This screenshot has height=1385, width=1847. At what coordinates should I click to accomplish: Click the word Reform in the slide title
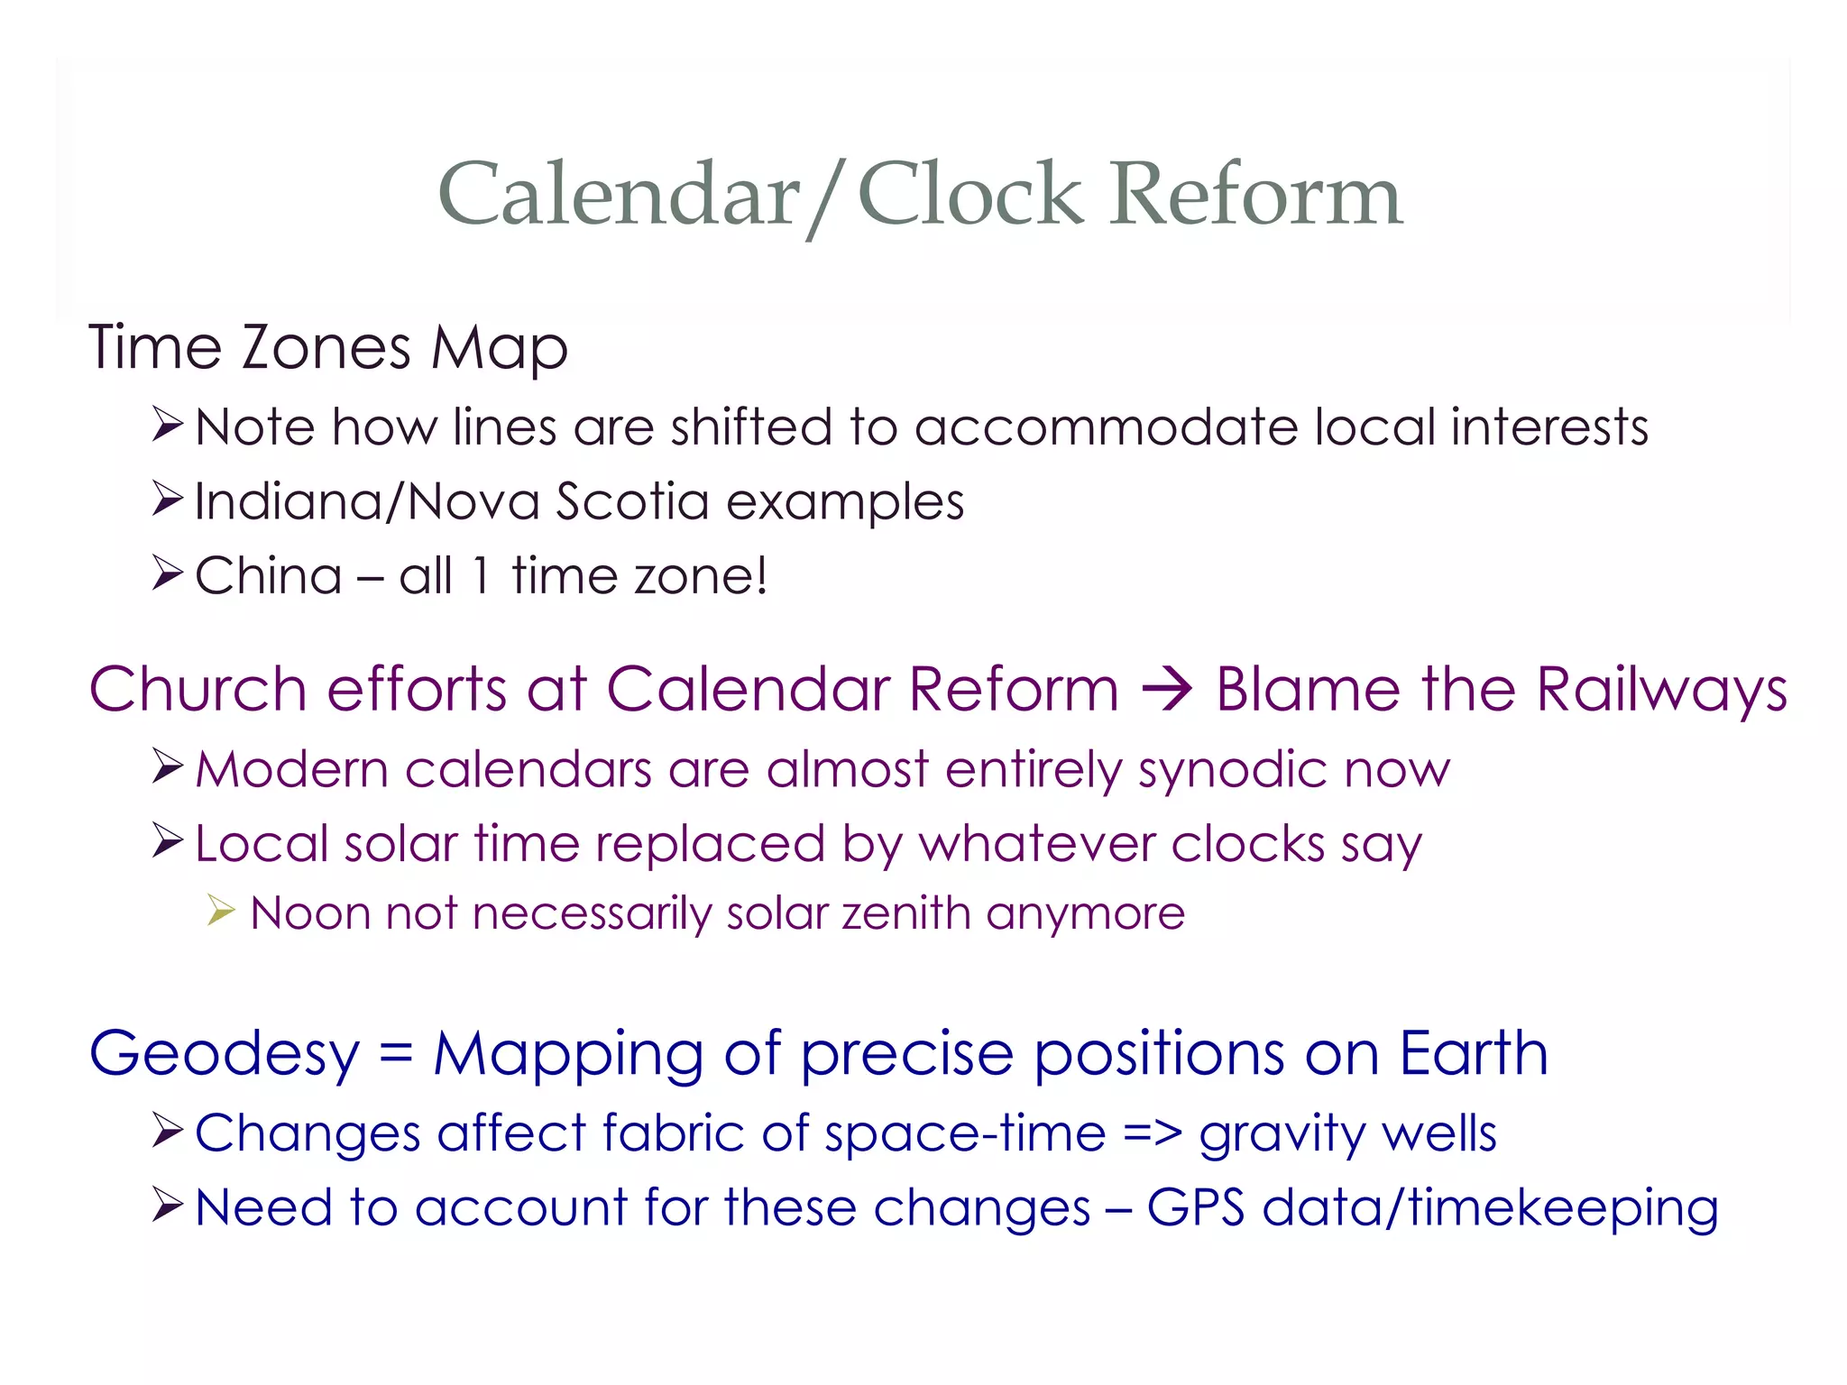(x=1256, y=195)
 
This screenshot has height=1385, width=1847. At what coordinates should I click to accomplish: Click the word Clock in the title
(x=970, y=195)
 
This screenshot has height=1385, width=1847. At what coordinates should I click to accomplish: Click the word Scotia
(x=632, y=501)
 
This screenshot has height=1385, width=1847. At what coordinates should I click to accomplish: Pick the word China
(x=269, y=576)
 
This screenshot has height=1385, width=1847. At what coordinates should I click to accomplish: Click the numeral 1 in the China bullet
(x=482, y=576)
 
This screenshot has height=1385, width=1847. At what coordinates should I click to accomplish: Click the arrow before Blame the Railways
(x=1167, y=691)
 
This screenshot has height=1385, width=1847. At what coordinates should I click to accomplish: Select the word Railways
(x=1661, y=690)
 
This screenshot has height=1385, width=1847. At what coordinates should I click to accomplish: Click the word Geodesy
(x=225, y=1055)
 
